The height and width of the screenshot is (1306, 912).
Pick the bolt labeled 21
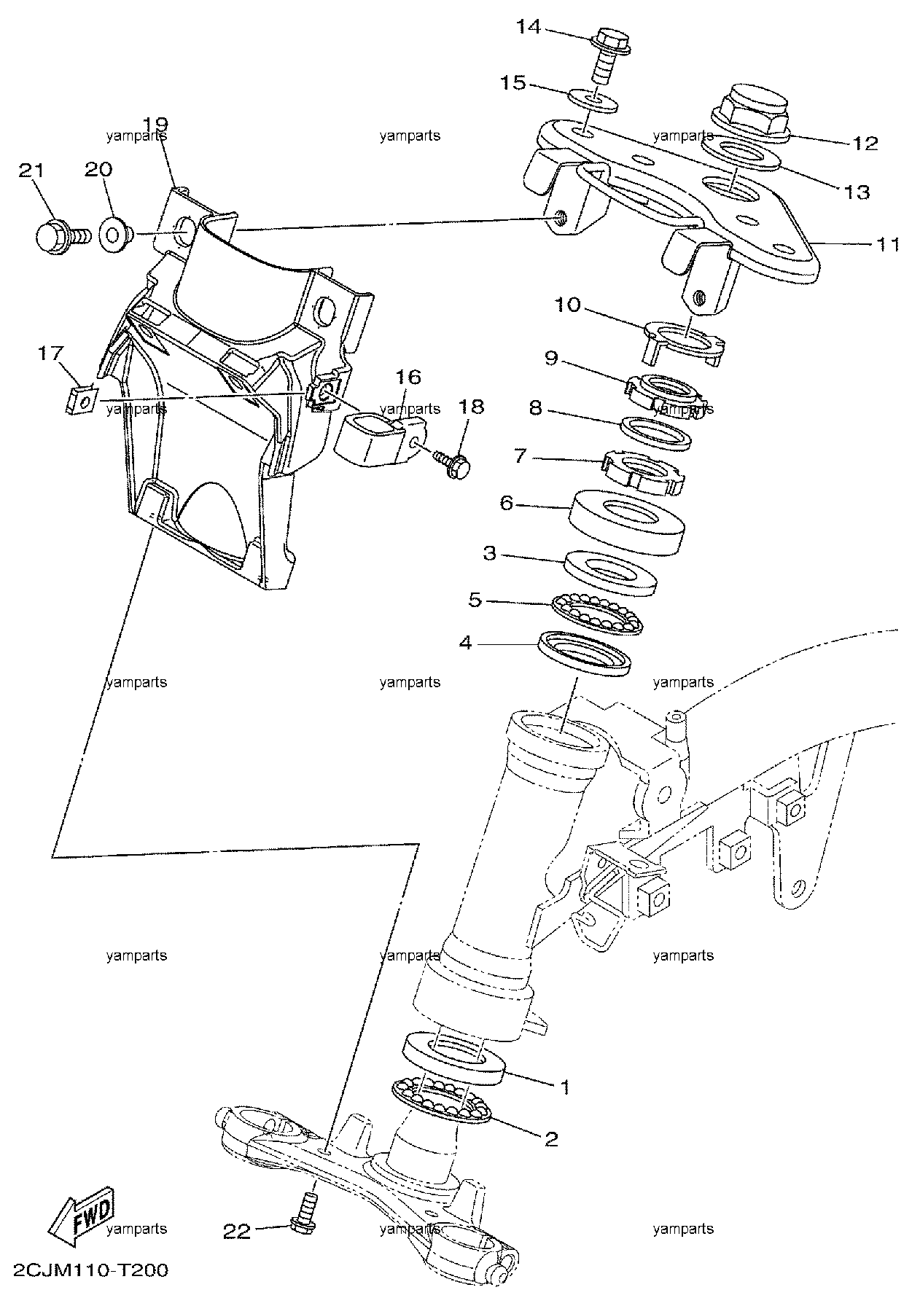coord(61,235)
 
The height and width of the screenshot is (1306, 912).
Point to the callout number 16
coord(408,377)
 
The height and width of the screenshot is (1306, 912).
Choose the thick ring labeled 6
coord(626,522)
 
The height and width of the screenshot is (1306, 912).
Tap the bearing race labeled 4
coord(584,654)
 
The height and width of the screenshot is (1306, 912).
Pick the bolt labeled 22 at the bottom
coord(304,1208)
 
